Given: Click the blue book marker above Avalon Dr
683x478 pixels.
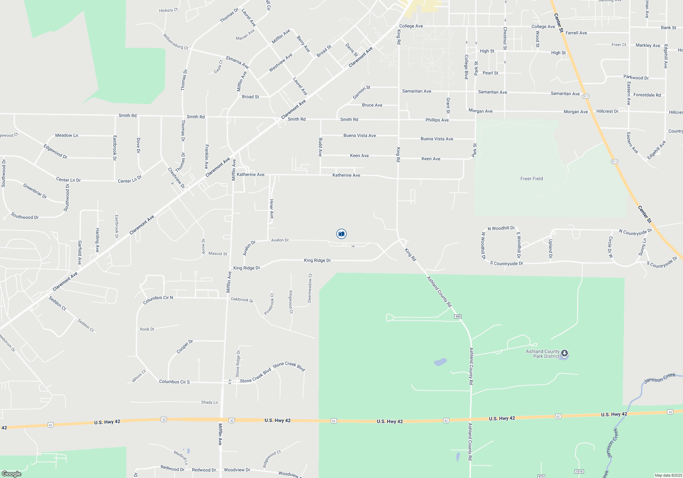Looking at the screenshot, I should pyautogui.click(x=341, y=234).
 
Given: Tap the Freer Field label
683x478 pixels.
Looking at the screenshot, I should pyautogui.click(x=531, y=179).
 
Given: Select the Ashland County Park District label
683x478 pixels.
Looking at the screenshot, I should pyautogui.click(x=543, y=354).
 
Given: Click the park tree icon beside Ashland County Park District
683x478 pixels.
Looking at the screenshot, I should pyautogui.click(x=564, y=353).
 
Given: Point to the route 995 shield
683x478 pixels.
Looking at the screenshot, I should pyautogui.click(x=458, y=317).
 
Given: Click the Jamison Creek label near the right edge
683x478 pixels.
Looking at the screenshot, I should pyautogui.click(x=659, y=378).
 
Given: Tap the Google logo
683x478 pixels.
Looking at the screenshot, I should pyautogui.click(x=12, y=474).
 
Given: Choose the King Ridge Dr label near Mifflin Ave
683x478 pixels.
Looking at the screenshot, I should pyautogui.click(x=247, y=268).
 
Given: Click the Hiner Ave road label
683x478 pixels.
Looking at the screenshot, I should pyautogui.click(x=271, y=209).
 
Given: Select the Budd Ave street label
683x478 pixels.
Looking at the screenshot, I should pyautogui.click(x=320, y=147).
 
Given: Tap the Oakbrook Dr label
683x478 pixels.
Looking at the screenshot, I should pyautogui.click(x=242, y=299).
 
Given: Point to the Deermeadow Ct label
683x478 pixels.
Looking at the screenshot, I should pyautogui.click(x=310, y=288).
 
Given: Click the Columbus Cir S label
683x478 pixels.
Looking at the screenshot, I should pyautogui.click(x=174, y=382).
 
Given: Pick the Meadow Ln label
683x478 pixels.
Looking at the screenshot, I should pyautogui.click(x=67, y=136).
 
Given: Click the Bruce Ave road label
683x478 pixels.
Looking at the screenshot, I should pyautogui.click(x=372, y=105).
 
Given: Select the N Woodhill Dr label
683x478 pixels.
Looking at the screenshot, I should pyautogui.click(x=501, y=228).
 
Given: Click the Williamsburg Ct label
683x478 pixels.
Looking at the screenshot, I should pyautogui.click(x=176, y=41).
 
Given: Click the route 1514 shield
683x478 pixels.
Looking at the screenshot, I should pyautogui.click(x=579, y=472).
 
